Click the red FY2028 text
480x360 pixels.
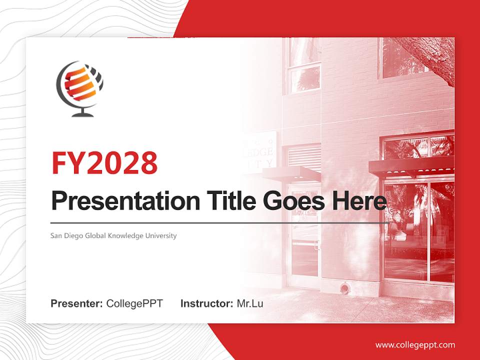[x=104, y=162]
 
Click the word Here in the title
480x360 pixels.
[x=358, y=201]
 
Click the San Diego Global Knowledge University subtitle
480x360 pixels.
[x=113, y=235]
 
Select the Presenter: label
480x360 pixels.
[x=77, y=303]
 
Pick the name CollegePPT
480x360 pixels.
[x=134, y=303]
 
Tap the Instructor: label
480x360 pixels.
[x=206, y=303]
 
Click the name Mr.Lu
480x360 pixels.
[x=250, y=303]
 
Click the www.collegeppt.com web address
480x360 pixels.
[x=415, y=345]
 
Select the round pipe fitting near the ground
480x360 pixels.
[x=345, y=288]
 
